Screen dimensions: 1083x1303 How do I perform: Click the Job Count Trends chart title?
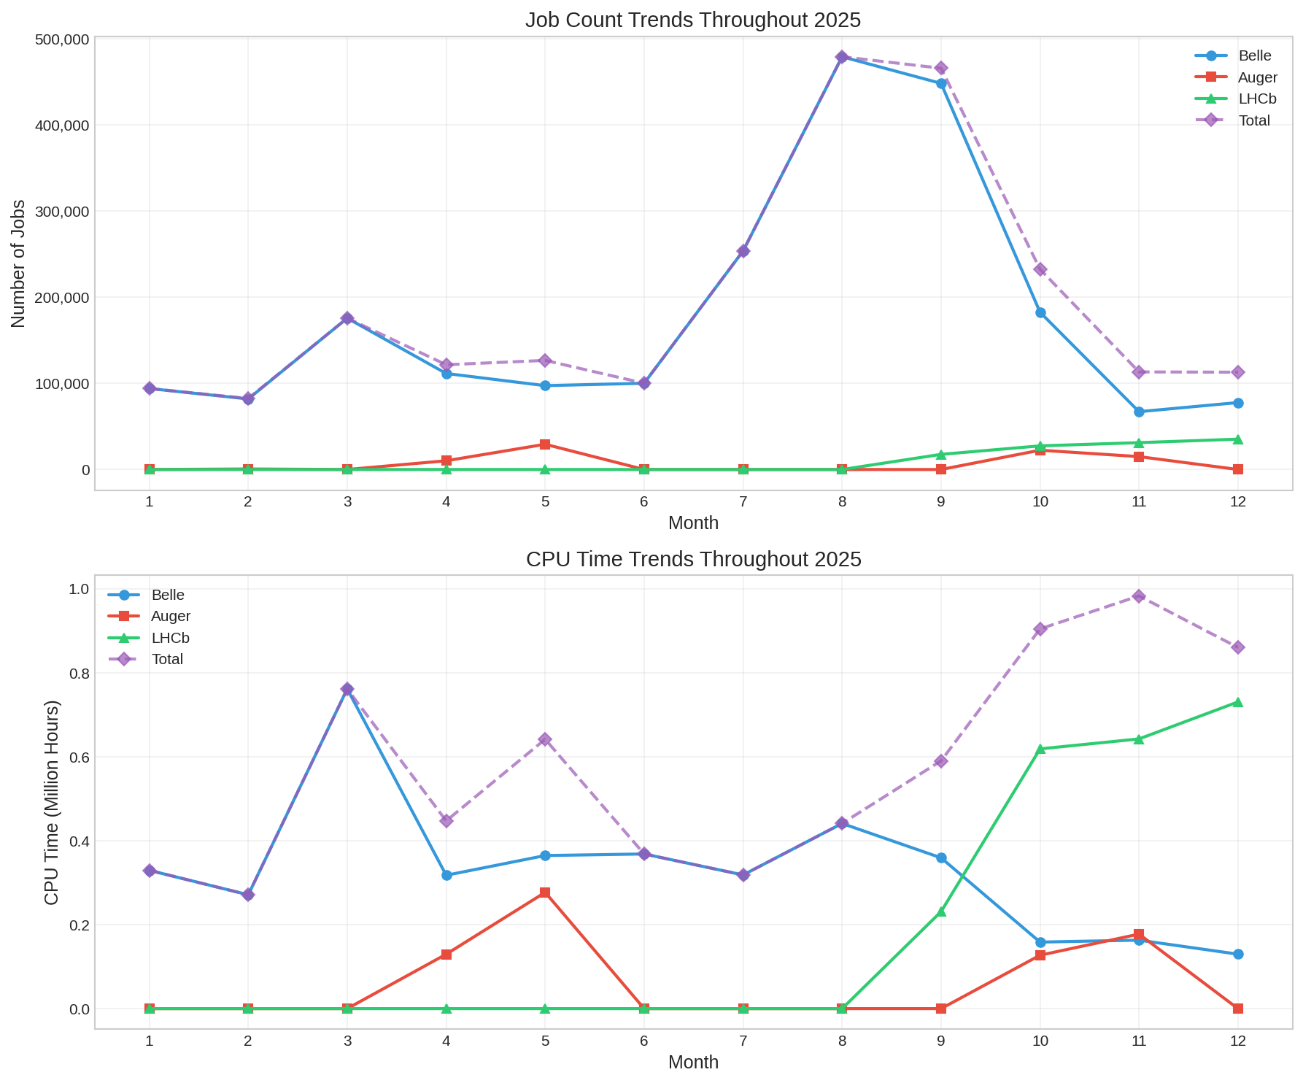[x=692, y=20]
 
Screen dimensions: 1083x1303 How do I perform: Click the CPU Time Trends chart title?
[x=693, y=560]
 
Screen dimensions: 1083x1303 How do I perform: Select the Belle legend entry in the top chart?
[x=1254, y=56]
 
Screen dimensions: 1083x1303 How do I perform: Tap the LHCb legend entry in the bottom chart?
[x=170, y=638]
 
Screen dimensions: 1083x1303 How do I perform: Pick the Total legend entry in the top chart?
[x=1254, y=120]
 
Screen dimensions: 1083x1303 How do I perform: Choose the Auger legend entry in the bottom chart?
[x=171, y=617]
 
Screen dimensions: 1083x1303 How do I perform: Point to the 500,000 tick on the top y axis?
[x=62, y=39]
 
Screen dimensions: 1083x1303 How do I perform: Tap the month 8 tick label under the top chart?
[x=842, y=502]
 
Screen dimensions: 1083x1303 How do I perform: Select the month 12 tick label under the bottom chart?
[x=1237, y=1041]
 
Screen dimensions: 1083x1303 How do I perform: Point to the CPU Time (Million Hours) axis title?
[x=52, y=803]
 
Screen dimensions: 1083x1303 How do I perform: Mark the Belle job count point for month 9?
[x=941, y=84]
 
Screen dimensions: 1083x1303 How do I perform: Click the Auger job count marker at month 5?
[x=545, y=444]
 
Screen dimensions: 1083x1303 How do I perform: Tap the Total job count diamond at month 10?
[x=1040, y=269]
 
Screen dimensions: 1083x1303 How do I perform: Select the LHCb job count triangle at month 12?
[x=1238, y=439]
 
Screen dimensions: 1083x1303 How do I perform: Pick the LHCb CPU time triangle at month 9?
[x=941, y=912]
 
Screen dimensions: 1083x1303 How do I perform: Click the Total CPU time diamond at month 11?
[x=1139, y=596]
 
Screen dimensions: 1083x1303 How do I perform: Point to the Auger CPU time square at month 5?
[x=545, y=893]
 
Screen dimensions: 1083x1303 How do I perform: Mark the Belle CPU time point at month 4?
[x=446, y=875]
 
